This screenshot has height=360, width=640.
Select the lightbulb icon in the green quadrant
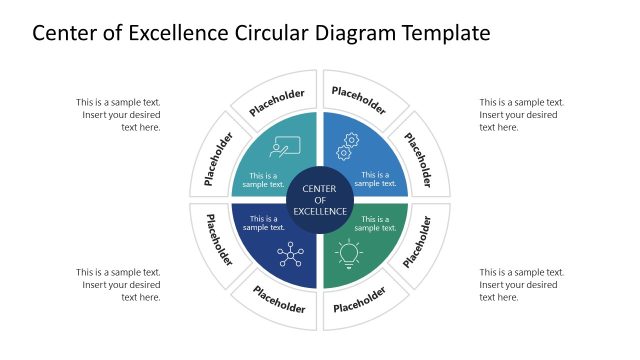[348, 254]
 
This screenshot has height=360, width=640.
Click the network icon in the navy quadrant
[291, 254]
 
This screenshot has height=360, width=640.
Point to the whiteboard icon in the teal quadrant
[284, 147]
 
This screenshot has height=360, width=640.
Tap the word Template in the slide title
[441, 33]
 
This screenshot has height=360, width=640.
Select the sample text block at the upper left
[118, 114]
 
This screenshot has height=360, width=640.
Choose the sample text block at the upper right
[522, 114]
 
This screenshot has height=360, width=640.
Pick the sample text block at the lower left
[118, 284]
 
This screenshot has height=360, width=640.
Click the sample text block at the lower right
[522, 284]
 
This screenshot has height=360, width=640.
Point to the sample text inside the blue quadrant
[376, 179]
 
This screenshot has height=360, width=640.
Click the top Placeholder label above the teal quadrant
[277, 101]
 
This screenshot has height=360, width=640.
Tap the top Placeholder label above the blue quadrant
[358, 100]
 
